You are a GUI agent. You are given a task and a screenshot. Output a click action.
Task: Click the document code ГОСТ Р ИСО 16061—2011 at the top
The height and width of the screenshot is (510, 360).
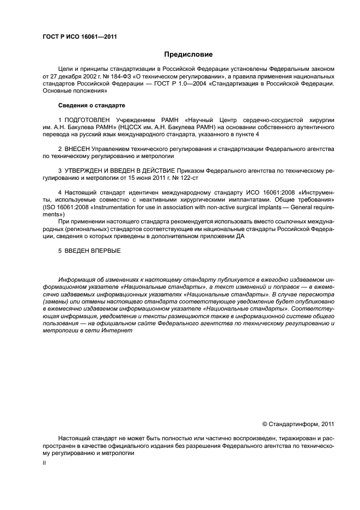(x=80, y=38)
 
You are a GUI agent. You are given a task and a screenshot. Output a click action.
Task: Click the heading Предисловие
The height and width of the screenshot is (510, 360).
(x=188, y=54)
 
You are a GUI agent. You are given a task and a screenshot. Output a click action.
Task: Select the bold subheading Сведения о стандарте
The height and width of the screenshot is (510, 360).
(x=91, y=105)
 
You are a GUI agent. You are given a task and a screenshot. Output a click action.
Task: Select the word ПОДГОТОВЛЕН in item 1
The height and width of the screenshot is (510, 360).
(x=88, y=119)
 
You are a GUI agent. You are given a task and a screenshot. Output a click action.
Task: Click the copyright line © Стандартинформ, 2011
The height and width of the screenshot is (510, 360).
(x=298, y=424)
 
